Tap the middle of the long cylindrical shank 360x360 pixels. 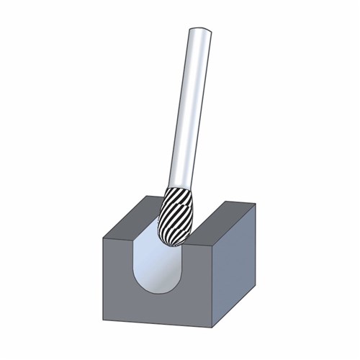point(189,108)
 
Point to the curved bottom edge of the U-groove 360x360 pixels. point(160,293)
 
